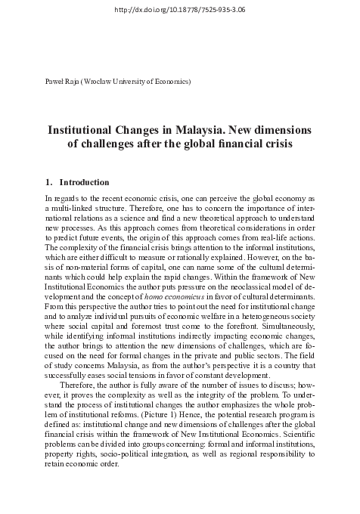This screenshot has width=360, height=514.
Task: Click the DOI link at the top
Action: click(x=178, y=8)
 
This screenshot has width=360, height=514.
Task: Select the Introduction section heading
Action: click(x=84, y=182)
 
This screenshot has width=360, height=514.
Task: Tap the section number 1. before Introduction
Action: click(x=51, y=182)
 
